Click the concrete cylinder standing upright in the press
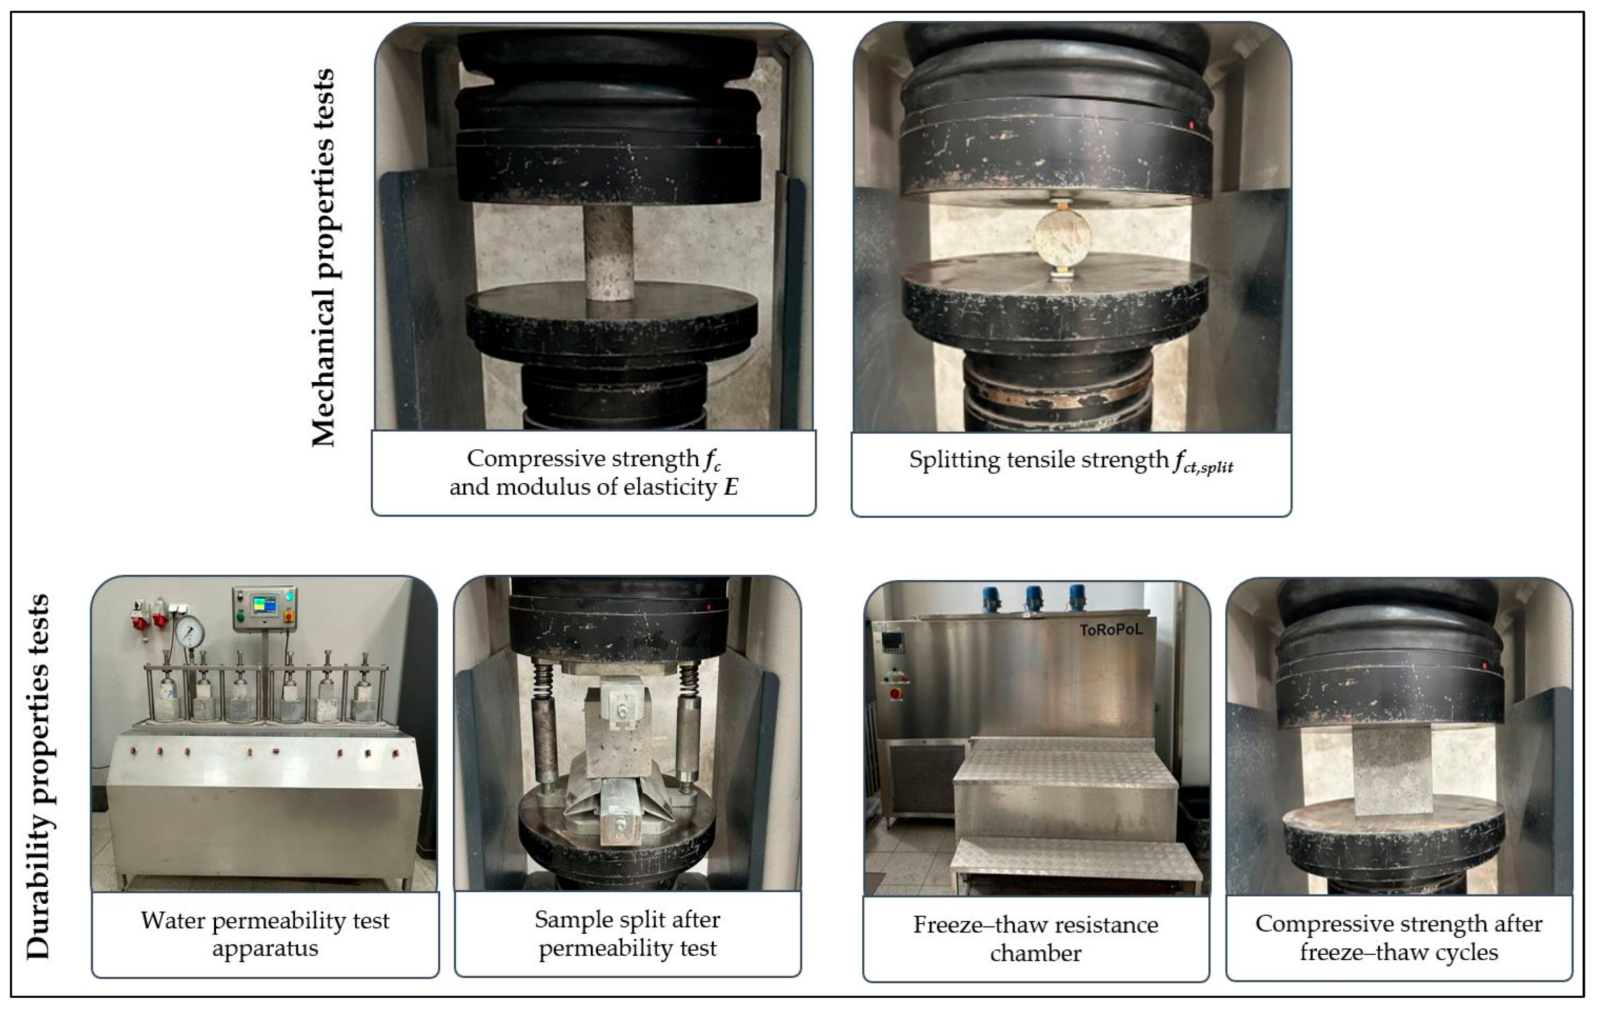coord(608,252)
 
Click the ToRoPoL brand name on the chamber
coord(1111,629)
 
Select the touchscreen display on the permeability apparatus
coord(264,605)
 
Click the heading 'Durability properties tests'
coord(38,776)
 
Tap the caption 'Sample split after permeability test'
coord(628,933)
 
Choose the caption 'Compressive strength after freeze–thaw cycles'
coord(1399,937)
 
